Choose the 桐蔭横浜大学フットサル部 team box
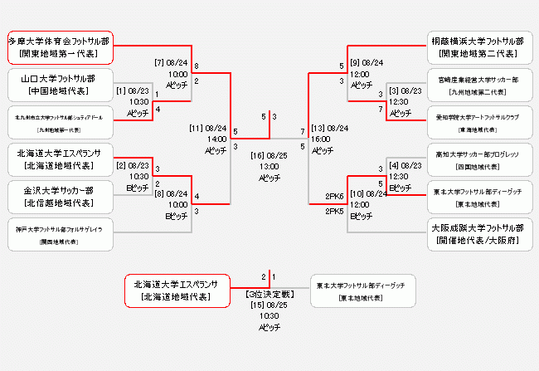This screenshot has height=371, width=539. tap(476, 46)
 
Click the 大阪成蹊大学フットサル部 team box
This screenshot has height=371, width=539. tap(476, 233)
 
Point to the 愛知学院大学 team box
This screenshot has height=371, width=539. tap(476, 121)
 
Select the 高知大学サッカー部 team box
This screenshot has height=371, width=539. tap(476, 159)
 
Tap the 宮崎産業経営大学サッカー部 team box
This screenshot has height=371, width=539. tap(476, 84)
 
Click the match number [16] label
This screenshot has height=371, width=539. tap(257, 155)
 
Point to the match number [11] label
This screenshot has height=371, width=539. tap(197, 128)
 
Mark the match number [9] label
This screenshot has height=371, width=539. tap(357, 62)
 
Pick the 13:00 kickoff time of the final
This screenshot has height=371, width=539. tap(269, 166)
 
